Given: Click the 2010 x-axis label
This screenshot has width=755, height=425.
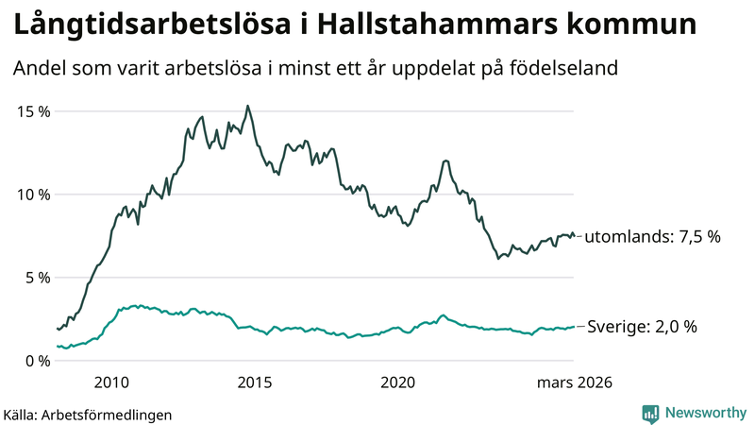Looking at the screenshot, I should (111, 382).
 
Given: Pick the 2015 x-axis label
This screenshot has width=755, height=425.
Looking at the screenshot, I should (255, 382).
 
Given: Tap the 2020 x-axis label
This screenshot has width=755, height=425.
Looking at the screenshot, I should (398, 382).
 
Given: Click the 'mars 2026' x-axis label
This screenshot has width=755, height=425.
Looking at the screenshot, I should (575, 382).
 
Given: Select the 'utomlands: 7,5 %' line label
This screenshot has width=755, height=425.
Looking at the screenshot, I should (652, 237).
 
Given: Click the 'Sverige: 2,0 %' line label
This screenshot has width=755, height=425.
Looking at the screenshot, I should (642, 327).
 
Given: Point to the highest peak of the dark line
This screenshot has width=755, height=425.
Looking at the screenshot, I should (247, 106).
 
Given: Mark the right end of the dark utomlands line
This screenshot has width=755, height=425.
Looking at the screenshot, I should (574, 236).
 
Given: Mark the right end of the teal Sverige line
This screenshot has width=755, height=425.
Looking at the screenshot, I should (574, 327).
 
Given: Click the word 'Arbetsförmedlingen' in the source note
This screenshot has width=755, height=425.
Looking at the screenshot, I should (108, 414).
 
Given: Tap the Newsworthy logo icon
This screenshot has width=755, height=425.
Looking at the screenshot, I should (650, 413).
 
